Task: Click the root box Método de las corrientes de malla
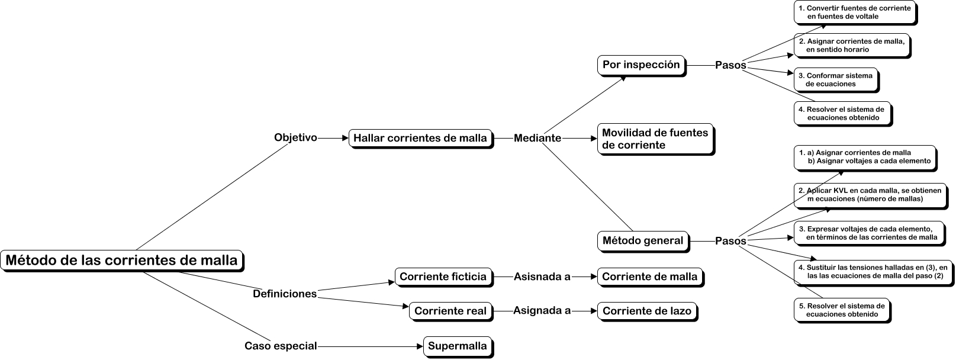pos(121,260)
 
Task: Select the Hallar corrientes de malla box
pos(420,138)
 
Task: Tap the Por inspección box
pos(640,65)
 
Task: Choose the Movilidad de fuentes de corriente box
pos(655,139)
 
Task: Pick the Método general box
pos(642,240)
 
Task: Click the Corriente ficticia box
pos(443,277)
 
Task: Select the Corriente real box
pos(450,311)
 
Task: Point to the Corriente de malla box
pos(649,277)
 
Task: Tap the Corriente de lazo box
pos(646,311)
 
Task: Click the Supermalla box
pos(457,346)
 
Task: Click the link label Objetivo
pos(295,137)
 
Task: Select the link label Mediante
pos(537,138)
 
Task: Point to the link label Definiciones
pos(285,294)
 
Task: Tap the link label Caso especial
pos(281,346)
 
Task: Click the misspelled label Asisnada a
pos(542,277)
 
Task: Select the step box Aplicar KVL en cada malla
pos(869,195)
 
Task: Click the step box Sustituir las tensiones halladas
pos(872,272)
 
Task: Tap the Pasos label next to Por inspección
pos(730,65)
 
